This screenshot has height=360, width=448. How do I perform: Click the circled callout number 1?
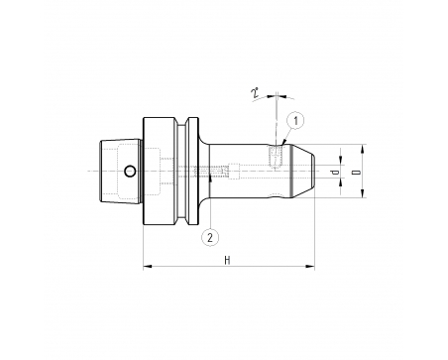296,121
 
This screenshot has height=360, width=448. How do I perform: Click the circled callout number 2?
210,237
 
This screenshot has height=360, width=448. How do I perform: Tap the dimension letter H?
227,261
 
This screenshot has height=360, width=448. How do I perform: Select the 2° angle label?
255,93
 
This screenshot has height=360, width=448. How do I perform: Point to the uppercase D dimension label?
356,173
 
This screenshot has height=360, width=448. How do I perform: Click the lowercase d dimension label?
335,173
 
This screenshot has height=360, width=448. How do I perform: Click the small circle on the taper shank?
130,172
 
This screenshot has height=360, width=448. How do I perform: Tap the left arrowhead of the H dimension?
148,266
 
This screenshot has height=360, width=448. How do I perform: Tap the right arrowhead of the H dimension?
310,266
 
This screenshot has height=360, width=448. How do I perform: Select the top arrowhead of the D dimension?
363,149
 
